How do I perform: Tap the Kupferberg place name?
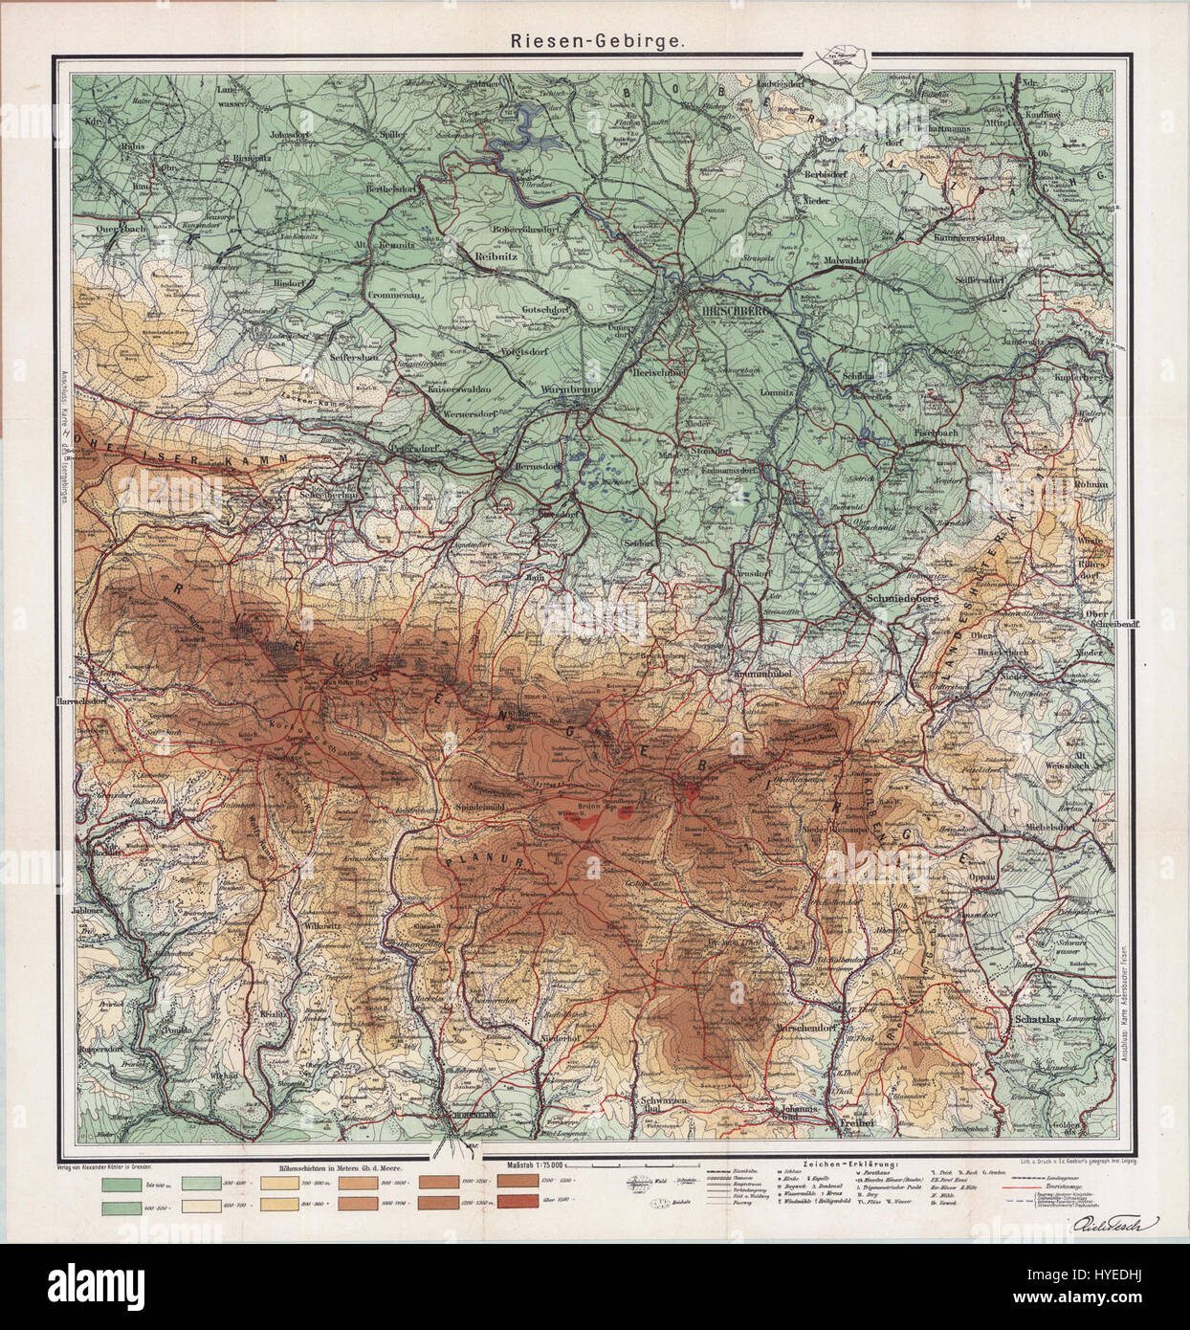(x=1080, y=378)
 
